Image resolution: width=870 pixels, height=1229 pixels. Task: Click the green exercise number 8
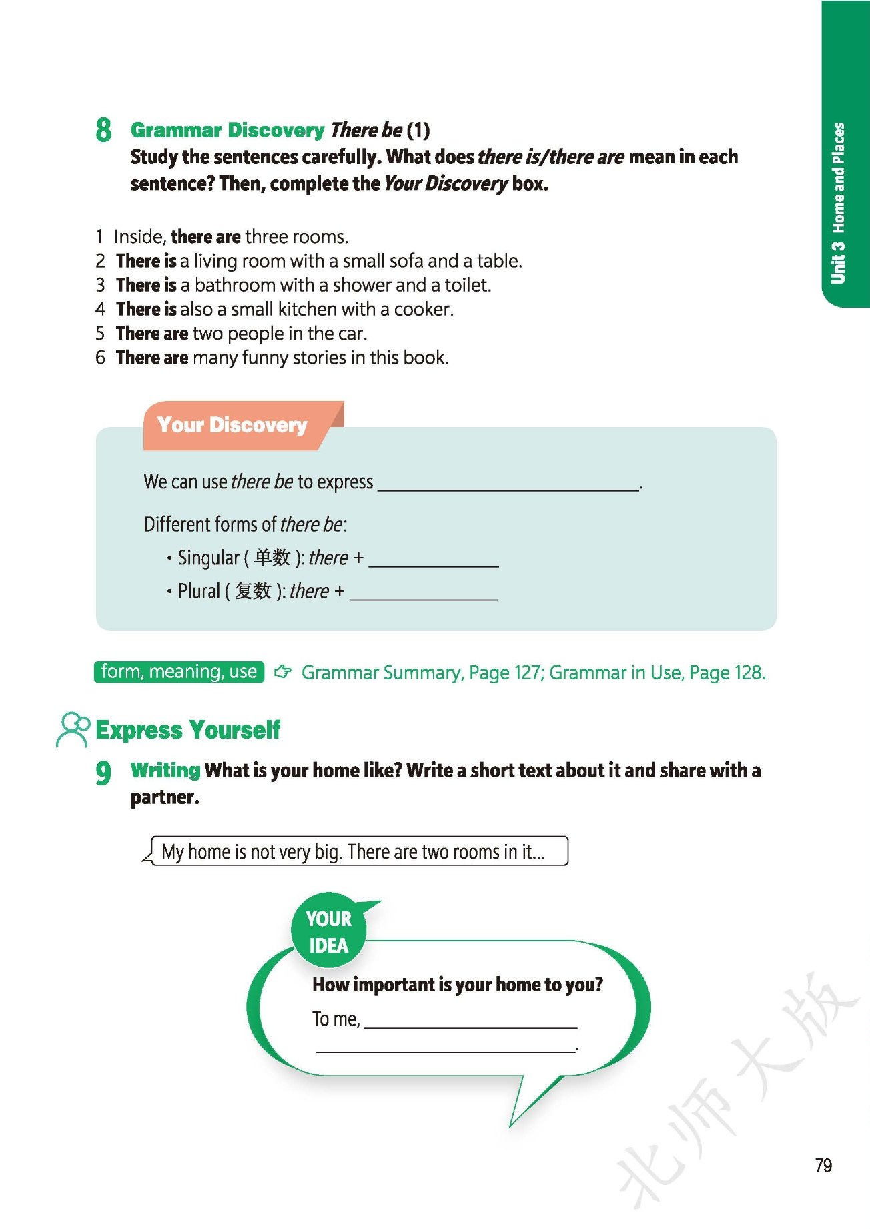click(103, 129)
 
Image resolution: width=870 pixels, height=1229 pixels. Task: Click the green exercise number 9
click(103, 773)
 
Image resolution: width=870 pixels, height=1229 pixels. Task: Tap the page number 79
click(823, 1165)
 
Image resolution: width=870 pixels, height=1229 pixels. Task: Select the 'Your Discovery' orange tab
click(232, 425)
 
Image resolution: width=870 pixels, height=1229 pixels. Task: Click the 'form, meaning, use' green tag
click(179, 671)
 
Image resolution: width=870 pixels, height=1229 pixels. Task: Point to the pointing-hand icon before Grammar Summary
click(283, 671)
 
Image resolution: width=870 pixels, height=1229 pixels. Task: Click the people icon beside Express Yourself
click(73, 729)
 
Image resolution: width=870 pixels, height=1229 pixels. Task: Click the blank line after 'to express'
click(508, 484)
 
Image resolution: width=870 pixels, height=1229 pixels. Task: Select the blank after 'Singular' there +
click(434, 560)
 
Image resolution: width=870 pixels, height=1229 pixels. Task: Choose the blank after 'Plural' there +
click(424, 594)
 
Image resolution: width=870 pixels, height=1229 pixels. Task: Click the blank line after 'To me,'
click(470, 1021)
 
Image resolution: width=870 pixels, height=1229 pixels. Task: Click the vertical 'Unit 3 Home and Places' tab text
click(838, 203)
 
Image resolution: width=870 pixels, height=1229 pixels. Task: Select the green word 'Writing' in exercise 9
click(165, 770)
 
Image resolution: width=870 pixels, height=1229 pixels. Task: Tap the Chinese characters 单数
click(272, 557)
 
